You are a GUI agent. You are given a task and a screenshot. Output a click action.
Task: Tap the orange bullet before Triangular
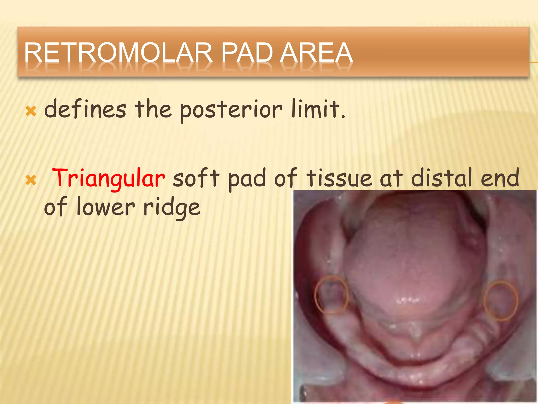pyautogui.click(x=31, y=180)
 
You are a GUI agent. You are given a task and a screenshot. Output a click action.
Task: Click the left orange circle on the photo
pyautogui.click(x=332, y=295)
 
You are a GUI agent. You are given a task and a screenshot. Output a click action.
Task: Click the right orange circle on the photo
pyautogui.click(x=501, y=300)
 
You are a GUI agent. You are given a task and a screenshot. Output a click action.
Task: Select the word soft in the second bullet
pyautogui.click(x=196, y=178)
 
